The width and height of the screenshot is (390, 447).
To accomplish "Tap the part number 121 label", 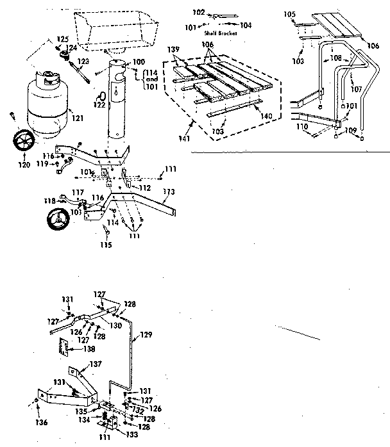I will [x=78, y=118].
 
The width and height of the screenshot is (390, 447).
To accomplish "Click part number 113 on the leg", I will [x=169, y=191].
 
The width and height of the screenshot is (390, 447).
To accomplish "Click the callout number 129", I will [x=148, y=334].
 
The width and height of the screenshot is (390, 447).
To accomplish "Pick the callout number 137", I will [x=95, y=364].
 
